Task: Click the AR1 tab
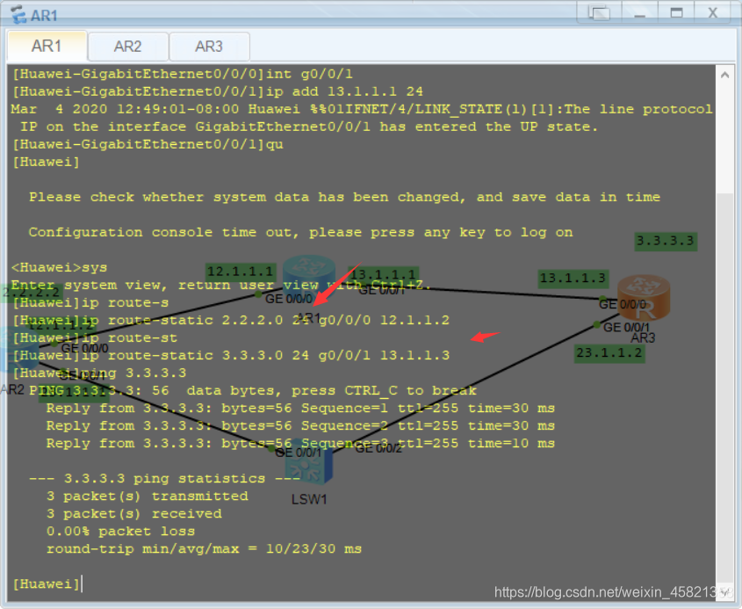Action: click(x=47, y=47)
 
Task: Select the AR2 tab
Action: click(x=127, y=47)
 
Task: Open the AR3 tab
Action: click(x=209, y=47)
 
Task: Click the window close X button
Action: click(x=713, y=12)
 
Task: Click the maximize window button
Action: click(x=676, y=12)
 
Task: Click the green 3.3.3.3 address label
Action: click(x=665, y=241)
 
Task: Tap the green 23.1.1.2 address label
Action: click(x=609, y=353)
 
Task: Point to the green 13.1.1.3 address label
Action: click(x=573, y=279)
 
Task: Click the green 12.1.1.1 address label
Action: click(x=240, y=272)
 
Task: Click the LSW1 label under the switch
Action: click(x=309, y=499)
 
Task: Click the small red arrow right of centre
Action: click(x=486, y=337)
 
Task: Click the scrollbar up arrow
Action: click(x=724, y=76)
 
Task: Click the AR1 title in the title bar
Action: click(x=45, y=15)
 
